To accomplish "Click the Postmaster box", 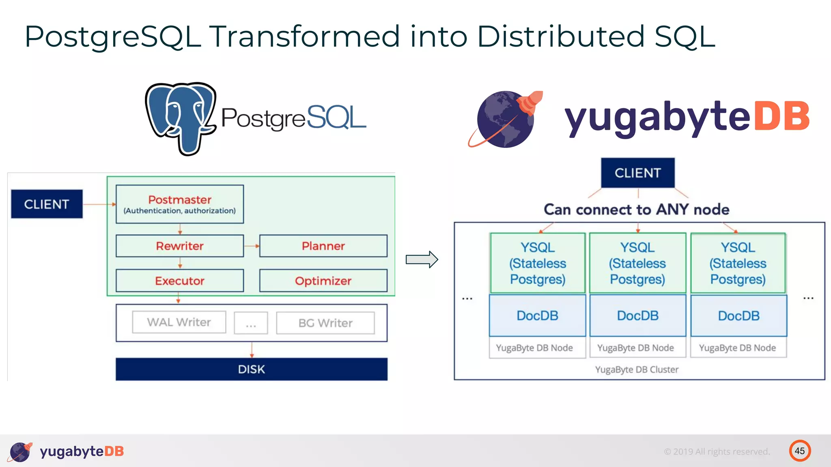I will click(180, 204).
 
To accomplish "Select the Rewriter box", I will click(180, 246).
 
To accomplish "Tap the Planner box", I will click(323, 246).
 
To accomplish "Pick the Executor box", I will click(180, 281).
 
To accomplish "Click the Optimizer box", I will click(323, 281).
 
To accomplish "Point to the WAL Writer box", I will click(179, 322).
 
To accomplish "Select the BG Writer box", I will click(325, 323).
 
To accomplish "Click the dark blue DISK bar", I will click(252, 369).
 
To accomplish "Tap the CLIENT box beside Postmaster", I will click(47, 204).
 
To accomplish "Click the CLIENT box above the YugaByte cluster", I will click(637, 173).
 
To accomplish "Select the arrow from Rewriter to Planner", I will click(252, 246).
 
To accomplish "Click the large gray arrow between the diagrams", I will click(422, 259).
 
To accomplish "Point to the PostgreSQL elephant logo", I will click(181, 118).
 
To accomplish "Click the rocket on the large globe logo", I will click(530, 101).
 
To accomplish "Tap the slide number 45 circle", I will click(800, 451).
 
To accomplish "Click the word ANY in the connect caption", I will click(672, 210).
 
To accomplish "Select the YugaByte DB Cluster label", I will click(637, 370).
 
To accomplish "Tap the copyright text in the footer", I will click(717, 452).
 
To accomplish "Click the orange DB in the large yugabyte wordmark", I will click(781, 117).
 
